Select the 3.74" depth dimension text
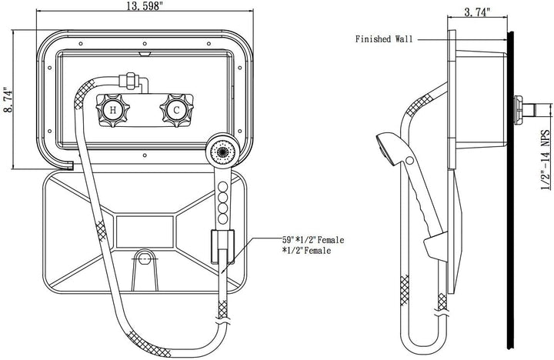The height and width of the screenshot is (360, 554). [478, 12]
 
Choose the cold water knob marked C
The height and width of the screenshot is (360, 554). [176, 111]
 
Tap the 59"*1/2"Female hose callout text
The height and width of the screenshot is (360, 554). [313, 240]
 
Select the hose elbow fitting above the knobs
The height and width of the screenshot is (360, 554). [132, 81]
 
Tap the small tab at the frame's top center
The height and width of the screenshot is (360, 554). [144, 54]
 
